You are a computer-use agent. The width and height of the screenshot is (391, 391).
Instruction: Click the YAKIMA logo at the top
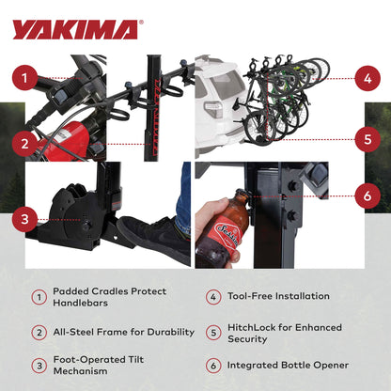tap(75, 28)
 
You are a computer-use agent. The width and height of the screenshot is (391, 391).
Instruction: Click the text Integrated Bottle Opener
tap(290, 365)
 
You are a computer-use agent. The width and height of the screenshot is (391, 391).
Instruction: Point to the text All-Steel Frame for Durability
tap(123, 332)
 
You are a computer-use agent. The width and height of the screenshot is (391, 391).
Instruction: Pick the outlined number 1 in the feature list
tap(39, 297)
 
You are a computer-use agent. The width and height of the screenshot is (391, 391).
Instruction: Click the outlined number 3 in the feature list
tap(39, 365)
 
